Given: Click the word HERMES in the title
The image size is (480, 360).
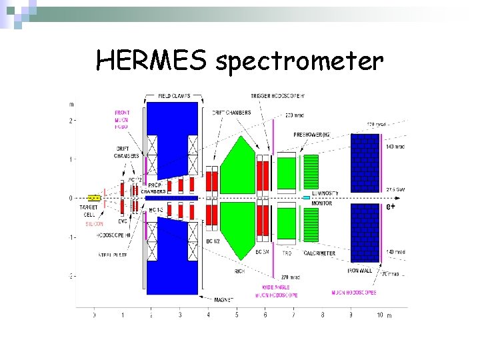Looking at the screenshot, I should [152, 61].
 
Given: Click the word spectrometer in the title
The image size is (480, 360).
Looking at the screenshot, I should [299, 62].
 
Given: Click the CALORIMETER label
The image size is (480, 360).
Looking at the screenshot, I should [320, 253].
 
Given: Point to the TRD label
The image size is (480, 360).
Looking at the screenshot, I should [287, 253].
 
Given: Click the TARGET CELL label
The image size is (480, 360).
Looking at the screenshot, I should [88, 211].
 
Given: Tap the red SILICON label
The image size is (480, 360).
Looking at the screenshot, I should [93, 224].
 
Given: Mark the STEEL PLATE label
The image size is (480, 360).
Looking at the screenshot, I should [113, 254].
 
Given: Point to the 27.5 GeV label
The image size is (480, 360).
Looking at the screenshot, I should [395, 189].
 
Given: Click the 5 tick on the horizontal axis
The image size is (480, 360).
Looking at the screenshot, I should [237, 315].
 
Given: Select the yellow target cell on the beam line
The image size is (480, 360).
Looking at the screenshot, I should [94, 197].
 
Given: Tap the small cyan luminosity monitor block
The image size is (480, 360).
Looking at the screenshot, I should [306, 197].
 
